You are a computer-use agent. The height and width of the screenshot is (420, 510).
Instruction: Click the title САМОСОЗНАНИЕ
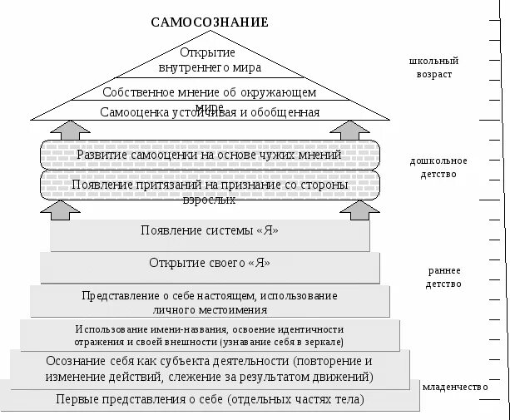210,22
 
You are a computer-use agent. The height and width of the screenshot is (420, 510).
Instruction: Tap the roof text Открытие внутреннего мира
210,60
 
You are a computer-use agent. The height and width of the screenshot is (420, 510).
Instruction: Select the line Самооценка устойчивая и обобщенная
210,111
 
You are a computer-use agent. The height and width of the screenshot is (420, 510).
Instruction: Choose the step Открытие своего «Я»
210,264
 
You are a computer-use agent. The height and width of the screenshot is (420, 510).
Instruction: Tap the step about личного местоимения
210,302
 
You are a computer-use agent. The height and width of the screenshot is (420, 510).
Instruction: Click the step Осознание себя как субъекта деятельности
210,368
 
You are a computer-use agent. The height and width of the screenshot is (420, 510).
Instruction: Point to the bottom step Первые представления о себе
210,399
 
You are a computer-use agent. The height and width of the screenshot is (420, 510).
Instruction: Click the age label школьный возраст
433,67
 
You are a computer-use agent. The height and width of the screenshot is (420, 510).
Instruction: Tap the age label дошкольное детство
438,167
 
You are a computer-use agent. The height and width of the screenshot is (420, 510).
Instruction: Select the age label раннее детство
445,277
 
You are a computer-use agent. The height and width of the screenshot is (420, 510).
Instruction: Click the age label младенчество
456,388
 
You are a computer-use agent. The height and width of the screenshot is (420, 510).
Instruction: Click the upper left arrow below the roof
76,130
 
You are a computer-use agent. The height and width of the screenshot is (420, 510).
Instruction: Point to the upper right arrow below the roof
346,130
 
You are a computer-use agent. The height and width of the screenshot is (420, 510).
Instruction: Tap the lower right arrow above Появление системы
359,210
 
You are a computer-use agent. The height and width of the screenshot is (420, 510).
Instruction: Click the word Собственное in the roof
132,92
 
